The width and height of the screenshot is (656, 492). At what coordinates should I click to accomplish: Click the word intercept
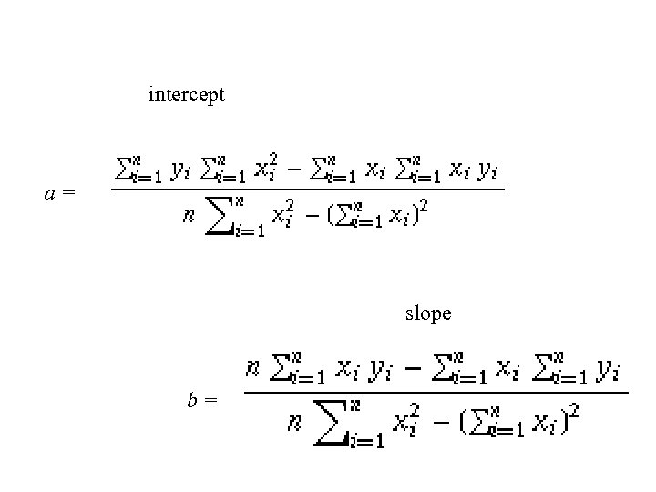pyautogui.click(x=186, y=95)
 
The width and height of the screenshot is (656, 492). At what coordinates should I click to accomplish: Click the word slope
pyautogui.click(x=428, y=314)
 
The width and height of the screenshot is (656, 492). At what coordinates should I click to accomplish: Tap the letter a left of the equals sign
pyautogui.click(x=52, y=193)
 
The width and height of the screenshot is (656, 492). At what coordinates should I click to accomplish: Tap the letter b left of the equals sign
pyautogui.click(x=193, y=399)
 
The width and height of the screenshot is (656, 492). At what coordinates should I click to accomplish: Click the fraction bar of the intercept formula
pyautogui.click(x=307, y=190)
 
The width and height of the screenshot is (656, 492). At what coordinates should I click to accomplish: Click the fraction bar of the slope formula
pyautogui.click(x=436, y=393)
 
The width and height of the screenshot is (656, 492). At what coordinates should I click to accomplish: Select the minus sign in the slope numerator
pyautogui.click(x=412, y=370)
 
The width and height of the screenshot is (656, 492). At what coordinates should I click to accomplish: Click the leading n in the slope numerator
pyautogui.click(x=254, y=369)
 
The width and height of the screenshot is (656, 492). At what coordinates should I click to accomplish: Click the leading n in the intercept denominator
pyautogui.click(x=189, y=217)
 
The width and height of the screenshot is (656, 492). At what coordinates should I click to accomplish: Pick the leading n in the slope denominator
pyautogui.click(x=294, y=423)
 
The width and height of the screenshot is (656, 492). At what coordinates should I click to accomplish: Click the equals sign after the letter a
pyautogui.click(x=68, y=194)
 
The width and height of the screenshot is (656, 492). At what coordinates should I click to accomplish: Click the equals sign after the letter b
pyautogui.click(x=210, y=400)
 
